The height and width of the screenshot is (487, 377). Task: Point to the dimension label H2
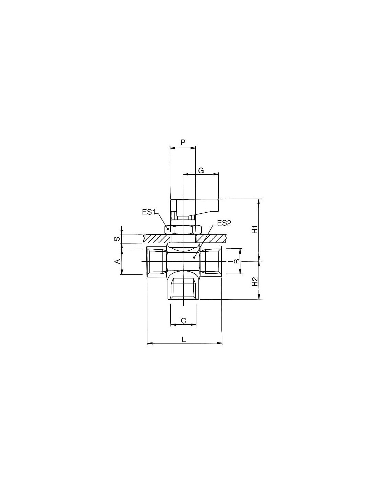click(255, 281)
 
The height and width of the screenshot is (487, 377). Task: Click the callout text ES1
click(149, 212)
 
